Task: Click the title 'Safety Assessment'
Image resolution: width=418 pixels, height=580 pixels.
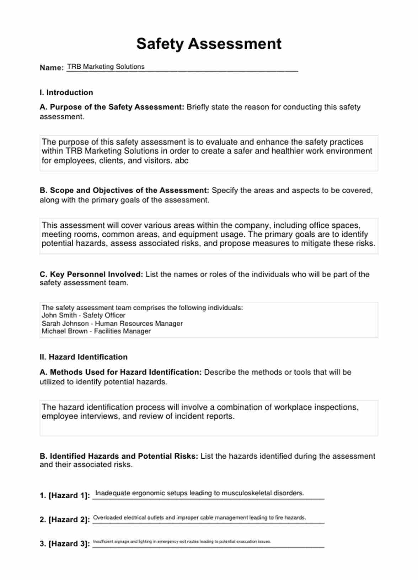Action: point(209,44)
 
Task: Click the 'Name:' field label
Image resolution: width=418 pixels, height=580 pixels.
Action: point(52,68)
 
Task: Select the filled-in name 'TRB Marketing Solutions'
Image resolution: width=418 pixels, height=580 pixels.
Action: point(106,67)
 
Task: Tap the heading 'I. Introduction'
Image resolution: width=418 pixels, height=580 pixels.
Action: point(66,93)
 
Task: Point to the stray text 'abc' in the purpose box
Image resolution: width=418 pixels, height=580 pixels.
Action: point(181,160)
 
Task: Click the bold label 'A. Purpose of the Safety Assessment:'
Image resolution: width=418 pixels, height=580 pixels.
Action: point(112,107)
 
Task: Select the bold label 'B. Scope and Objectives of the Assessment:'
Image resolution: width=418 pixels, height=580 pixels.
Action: point(124,190)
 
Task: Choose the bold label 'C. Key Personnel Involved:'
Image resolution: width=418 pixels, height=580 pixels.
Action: point(91,274)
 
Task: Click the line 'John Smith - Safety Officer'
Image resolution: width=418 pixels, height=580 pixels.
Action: point(83,315)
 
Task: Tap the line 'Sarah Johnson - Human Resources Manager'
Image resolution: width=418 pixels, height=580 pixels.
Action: point(112,323)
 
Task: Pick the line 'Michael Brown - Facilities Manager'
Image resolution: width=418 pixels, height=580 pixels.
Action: point(96,331)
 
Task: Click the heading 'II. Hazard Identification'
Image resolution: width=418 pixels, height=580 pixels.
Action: point(83,357)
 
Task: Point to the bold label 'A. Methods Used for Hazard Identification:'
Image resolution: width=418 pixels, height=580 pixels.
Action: point(120,372)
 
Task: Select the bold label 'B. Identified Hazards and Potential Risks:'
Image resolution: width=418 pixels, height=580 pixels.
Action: point(119,456)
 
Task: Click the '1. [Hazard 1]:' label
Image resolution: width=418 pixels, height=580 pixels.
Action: point(65,495)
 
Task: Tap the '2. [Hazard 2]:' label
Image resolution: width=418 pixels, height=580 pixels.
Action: point(65,520)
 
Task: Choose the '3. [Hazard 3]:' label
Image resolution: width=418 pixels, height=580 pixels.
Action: point(65,544)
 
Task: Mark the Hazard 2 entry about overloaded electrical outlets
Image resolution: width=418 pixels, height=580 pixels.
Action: point(199,518)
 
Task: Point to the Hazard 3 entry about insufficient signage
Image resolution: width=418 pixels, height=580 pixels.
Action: point(182,542)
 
